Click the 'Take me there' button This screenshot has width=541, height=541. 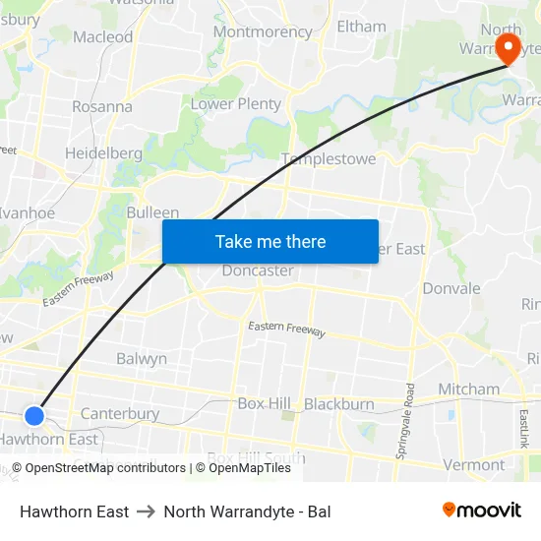tap(270, 241)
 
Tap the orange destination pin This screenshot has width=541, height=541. tap(509, 48)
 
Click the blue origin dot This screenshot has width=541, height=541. tap(34, 416)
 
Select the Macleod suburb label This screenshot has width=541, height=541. tap(103, 37)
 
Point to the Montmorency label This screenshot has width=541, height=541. tap(262, 31)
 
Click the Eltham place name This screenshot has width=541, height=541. tap(361, 27)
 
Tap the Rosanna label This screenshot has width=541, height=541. tap(102, 106)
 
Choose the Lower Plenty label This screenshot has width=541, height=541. tap(236, 103)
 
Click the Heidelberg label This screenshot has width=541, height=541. tap(103, 153)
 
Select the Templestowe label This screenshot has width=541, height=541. tap(329, 158)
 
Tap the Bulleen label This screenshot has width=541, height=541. tap(152, 212)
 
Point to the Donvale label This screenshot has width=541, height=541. tap(451, 288)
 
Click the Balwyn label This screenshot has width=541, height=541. tap(142, 359)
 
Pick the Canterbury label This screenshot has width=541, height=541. tap(120, 414)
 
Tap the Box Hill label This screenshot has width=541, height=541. tap(265, 404)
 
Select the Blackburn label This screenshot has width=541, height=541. tap(339, 404)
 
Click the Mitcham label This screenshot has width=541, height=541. tap(469, 390)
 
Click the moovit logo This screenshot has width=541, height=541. tap(482, 511)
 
